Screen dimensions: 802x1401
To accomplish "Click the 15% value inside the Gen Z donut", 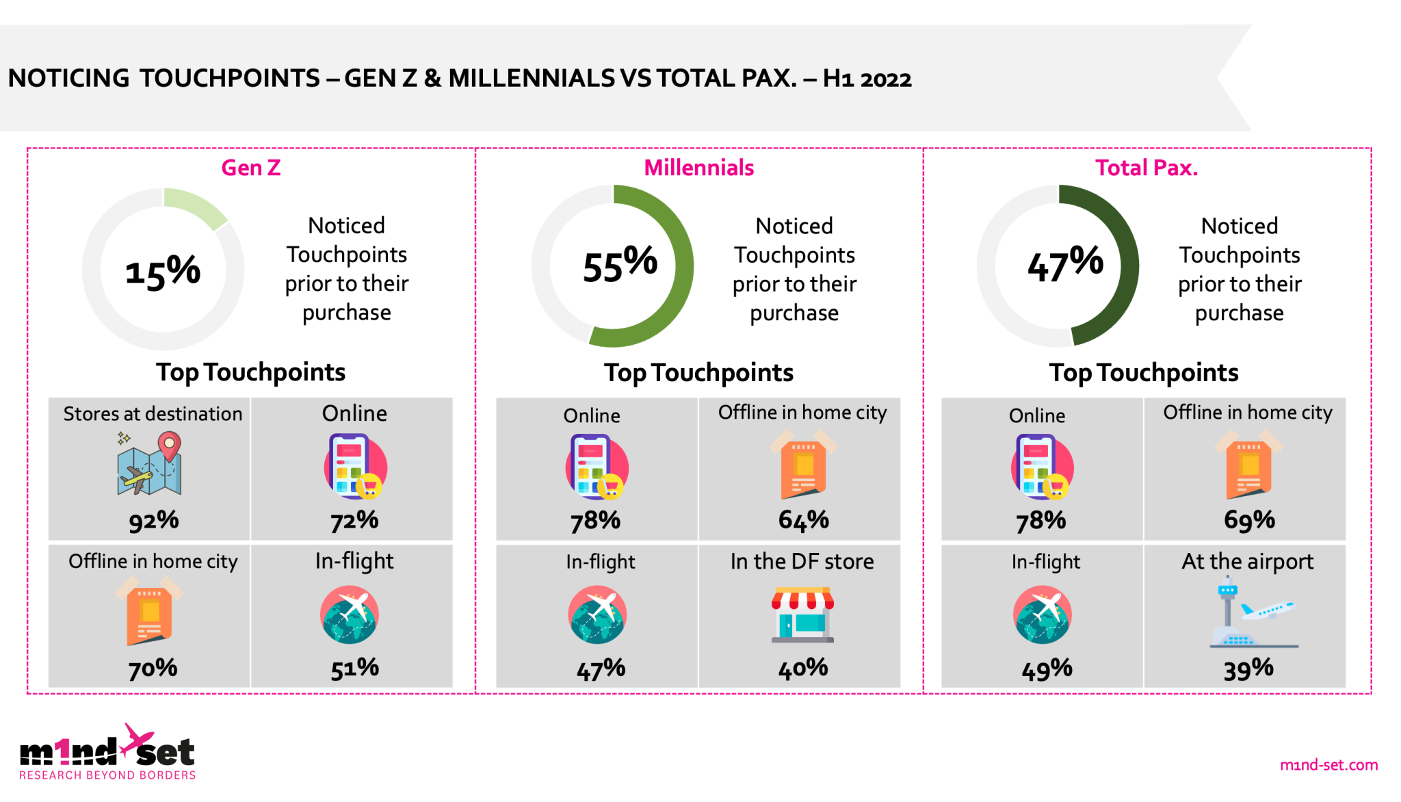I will pos(163,272).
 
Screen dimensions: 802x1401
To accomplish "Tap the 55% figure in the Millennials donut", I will pos(620,264).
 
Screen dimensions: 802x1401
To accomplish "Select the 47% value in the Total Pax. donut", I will pos(1065,264).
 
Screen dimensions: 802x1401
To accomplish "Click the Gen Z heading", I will pos(250,168).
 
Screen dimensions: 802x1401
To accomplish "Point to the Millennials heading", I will pos(698,168).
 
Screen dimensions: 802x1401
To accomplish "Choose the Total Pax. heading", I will pos(1146,168).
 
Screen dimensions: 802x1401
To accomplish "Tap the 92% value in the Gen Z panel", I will pos(154,521).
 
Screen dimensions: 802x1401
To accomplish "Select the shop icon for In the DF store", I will pos(802,614).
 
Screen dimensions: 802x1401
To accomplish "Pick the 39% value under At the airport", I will pos(1248,669).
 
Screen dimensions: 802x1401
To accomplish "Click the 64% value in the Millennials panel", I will pos(803,521).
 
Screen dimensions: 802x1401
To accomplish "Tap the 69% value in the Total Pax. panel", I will pos(1249,521).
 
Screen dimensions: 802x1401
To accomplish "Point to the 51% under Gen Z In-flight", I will pos(354,669).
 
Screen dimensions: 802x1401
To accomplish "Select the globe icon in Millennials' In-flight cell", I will pos(597,615).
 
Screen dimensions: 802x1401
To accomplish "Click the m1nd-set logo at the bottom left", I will pos(107,753).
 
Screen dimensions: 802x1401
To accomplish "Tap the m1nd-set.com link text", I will pos(1328,765).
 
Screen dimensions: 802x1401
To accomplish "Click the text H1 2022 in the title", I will pos(867,79).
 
